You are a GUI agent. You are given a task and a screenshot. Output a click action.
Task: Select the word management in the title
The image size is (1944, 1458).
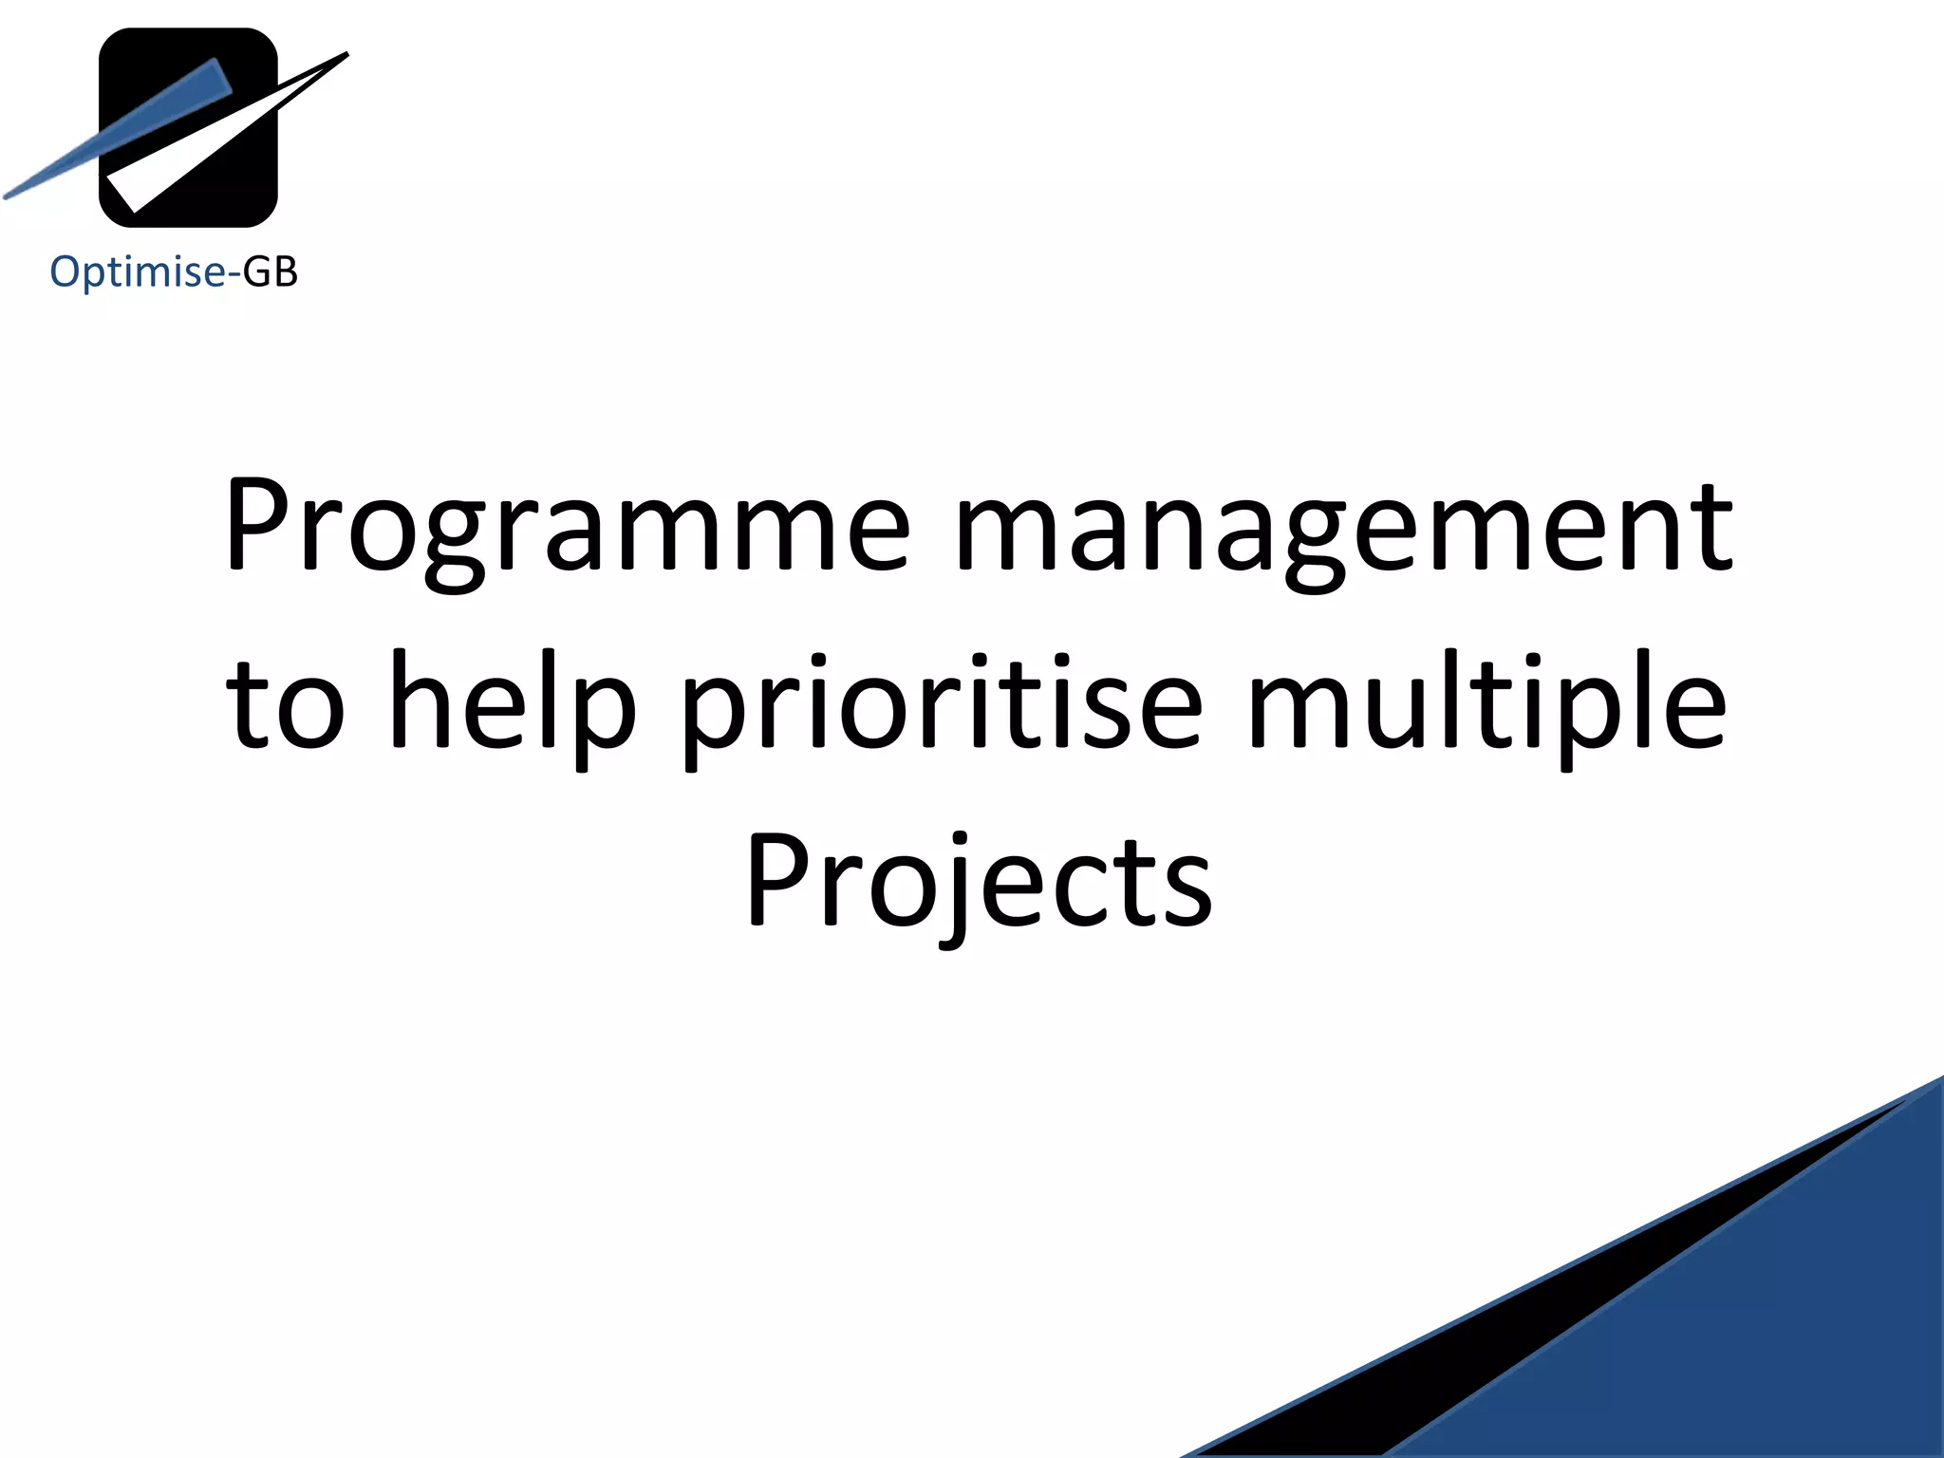click(1344, 528)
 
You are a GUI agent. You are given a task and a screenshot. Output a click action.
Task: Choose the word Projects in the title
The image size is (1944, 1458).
click(978, 881)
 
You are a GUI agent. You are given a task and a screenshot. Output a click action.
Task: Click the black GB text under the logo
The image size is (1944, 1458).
click(271, 272)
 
